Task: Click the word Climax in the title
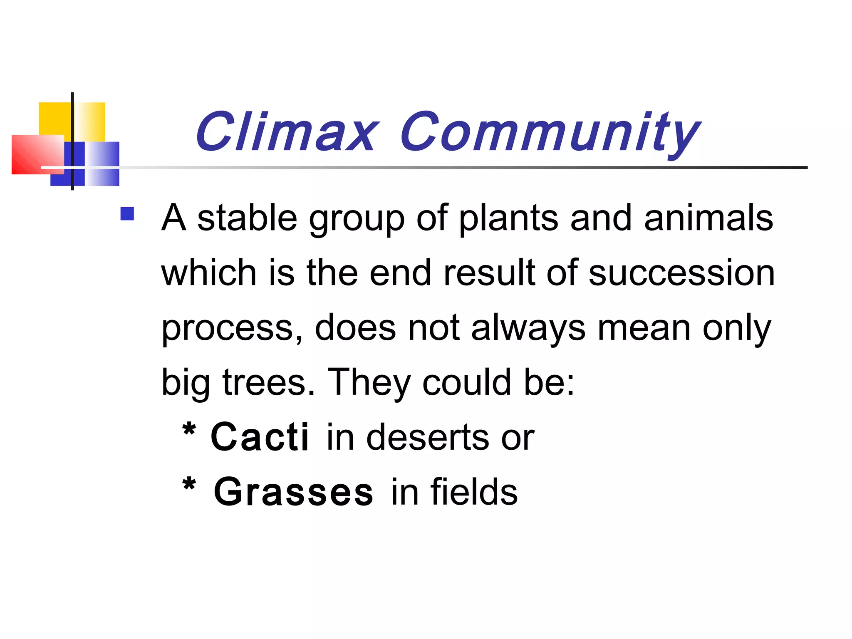point(286,132)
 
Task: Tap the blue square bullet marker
point(127,214)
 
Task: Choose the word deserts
point(428,437)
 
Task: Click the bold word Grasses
point(293,492)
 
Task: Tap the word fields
point(474,492)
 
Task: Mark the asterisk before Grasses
point(189,484)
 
